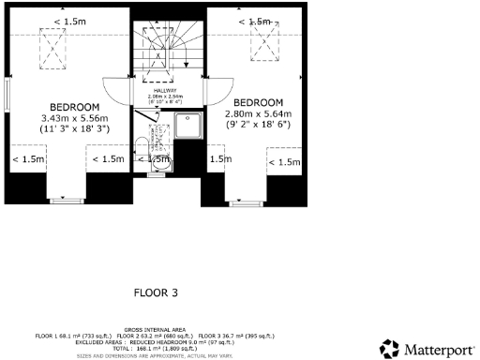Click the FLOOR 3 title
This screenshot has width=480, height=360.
coord(155,293)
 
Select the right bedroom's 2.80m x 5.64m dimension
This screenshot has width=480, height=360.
coord(258,113)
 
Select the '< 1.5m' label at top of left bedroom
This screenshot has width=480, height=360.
coord(67,21)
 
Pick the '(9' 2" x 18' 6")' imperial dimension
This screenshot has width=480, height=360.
coord(258,124)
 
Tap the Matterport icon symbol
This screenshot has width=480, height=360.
coord(389,350)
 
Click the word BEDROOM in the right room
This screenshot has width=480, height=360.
coord(258,102)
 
